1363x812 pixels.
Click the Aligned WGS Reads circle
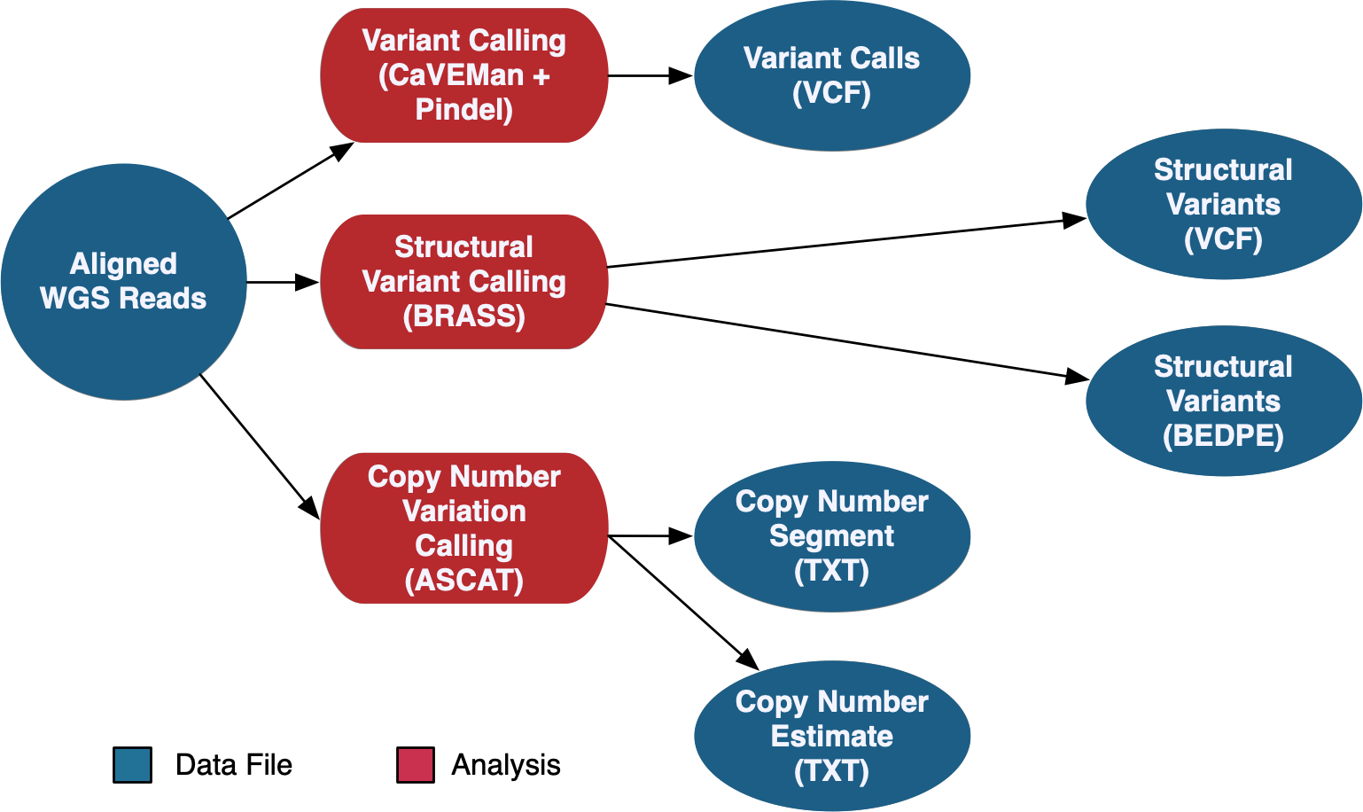point(123,282)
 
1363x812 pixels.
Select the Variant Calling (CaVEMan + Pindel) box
point(463,75)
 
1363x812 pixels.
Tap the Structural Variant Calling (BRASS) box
point(463,282)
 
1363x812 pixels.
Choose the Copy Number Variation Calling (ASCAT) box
point(463,528)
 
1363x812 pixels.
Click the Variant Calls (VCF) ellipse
point(831,75)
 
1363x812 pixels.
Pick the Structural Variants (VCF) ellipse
point(1223,205)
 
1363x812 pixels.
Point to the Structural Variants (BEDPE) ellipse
point(1223,401)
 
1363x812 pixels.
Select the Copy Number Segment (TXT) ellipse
point(831,536)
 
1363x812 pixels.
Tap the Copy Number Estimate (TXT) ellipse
point(831,736)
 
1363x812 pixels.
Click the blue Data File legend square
point(132,765)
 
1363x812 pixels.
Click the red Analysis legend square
point(415,765)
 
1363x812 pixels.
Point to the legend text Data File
point(234,765)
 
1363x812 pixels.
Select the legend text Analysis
point(506,765)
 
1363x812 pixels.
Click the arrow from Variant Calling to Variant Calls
point(650,76)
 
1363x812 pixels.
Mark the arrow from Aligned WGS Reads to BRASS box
point(282,282)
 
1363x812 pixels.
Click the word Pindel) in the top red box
point(463,110)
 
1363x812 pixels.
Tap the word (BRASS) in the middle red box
point(463,316)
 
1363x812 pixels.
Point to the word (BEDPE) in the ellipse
point(1223,436)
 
